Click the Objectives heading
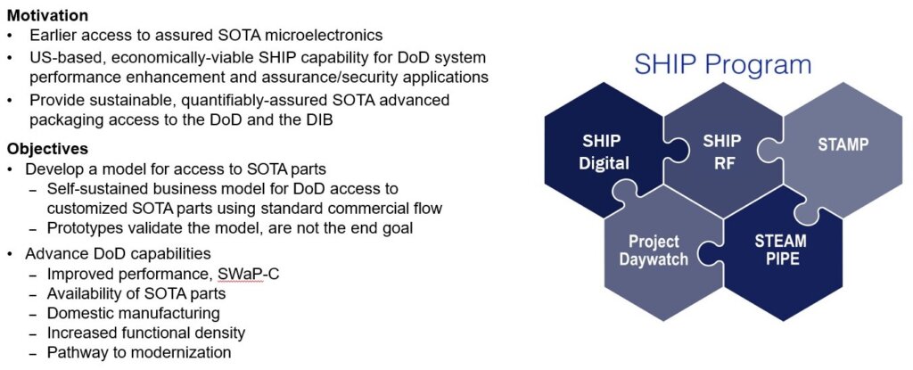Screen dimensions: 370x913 44,148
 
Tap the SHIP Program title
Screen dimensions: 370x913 722,64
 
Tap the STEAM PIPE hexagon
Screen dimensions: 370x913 780,251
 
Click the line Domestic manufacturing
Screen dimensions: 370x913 133,314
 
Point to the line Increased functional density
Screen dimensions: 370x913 146,333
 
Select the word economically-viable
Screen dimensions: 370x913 169,57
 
